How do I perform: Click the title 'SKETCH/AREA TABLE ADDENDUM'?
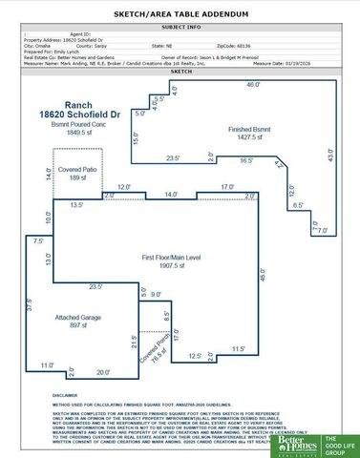click(180, 15)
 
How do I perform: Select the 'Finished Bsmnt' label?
click(249, 128)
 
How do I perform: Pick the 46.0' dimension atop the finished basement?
click(253, 85)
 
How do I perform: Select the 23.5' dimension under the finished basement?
click(173, 157)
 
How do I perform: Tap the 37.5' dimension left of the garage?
click(29, 307)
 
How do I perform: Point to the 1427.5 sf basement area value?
click(249, 137)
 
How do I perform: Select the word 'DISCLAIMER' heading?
click(66, 394)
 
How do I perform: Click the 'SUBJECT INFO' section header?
click(180, 28)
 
